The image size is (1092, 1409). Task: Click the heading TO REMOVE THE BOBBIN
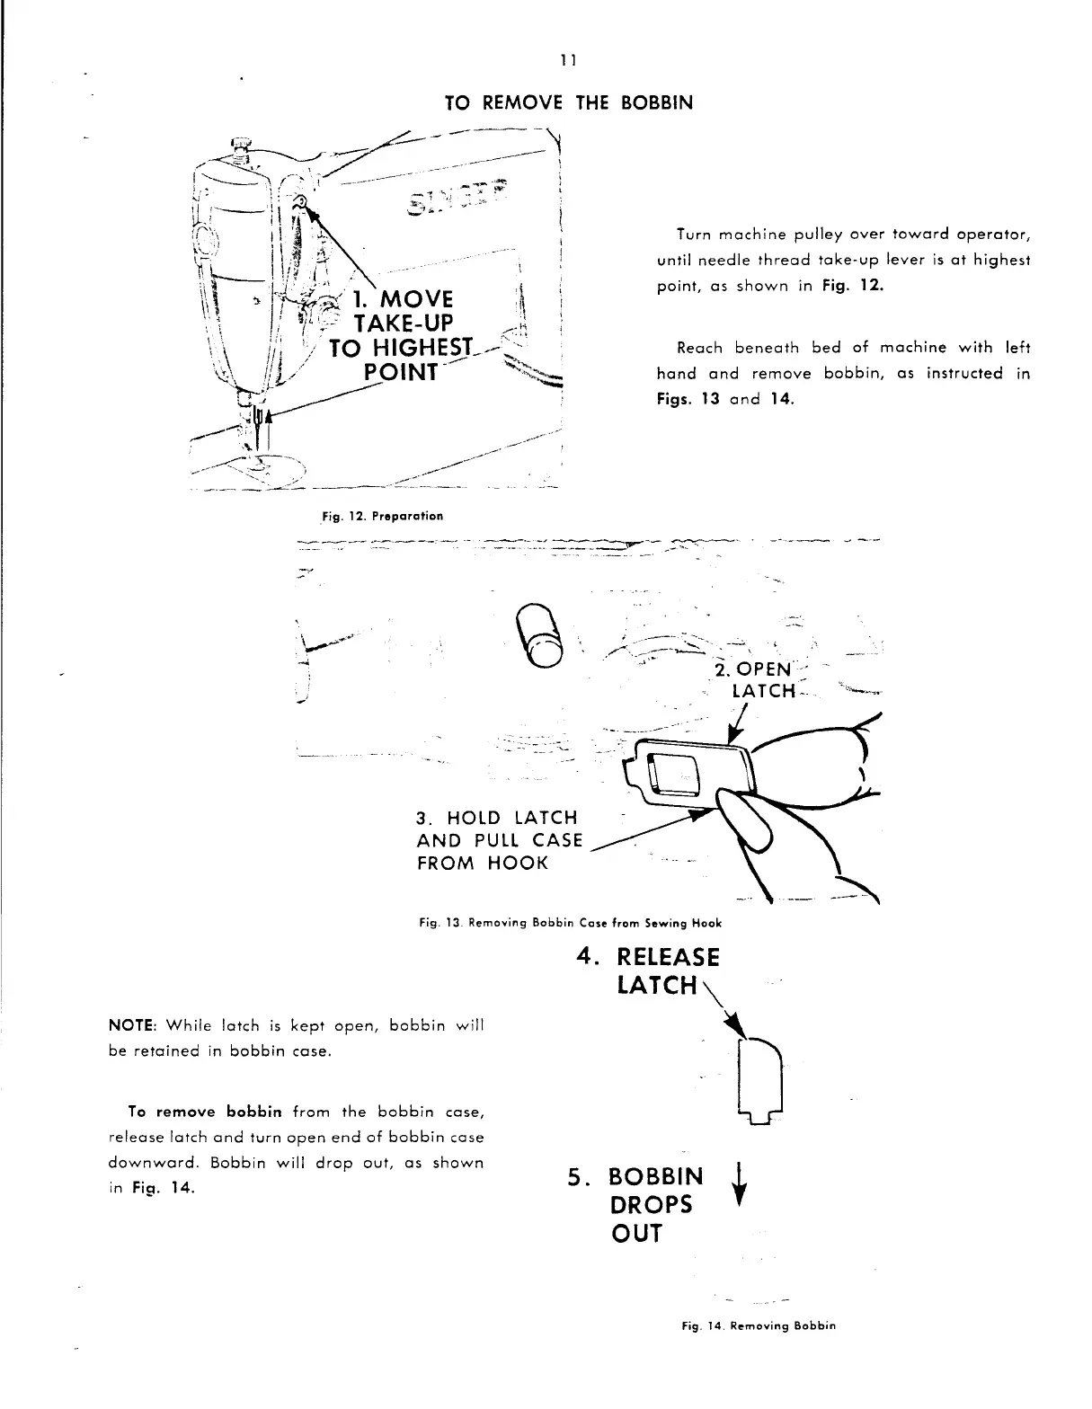pyautogui.click(x=569, y=102)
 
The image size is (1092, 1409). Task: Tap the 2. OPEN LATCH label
pyautogui.click(x=754, y=680)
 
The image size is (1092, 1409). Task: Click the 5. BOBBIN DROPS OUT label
pyautogui.click(x=637, y=1204)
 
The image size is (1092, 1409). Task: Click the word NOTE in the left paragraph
pyautogui.click(x=128, y=1026)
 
